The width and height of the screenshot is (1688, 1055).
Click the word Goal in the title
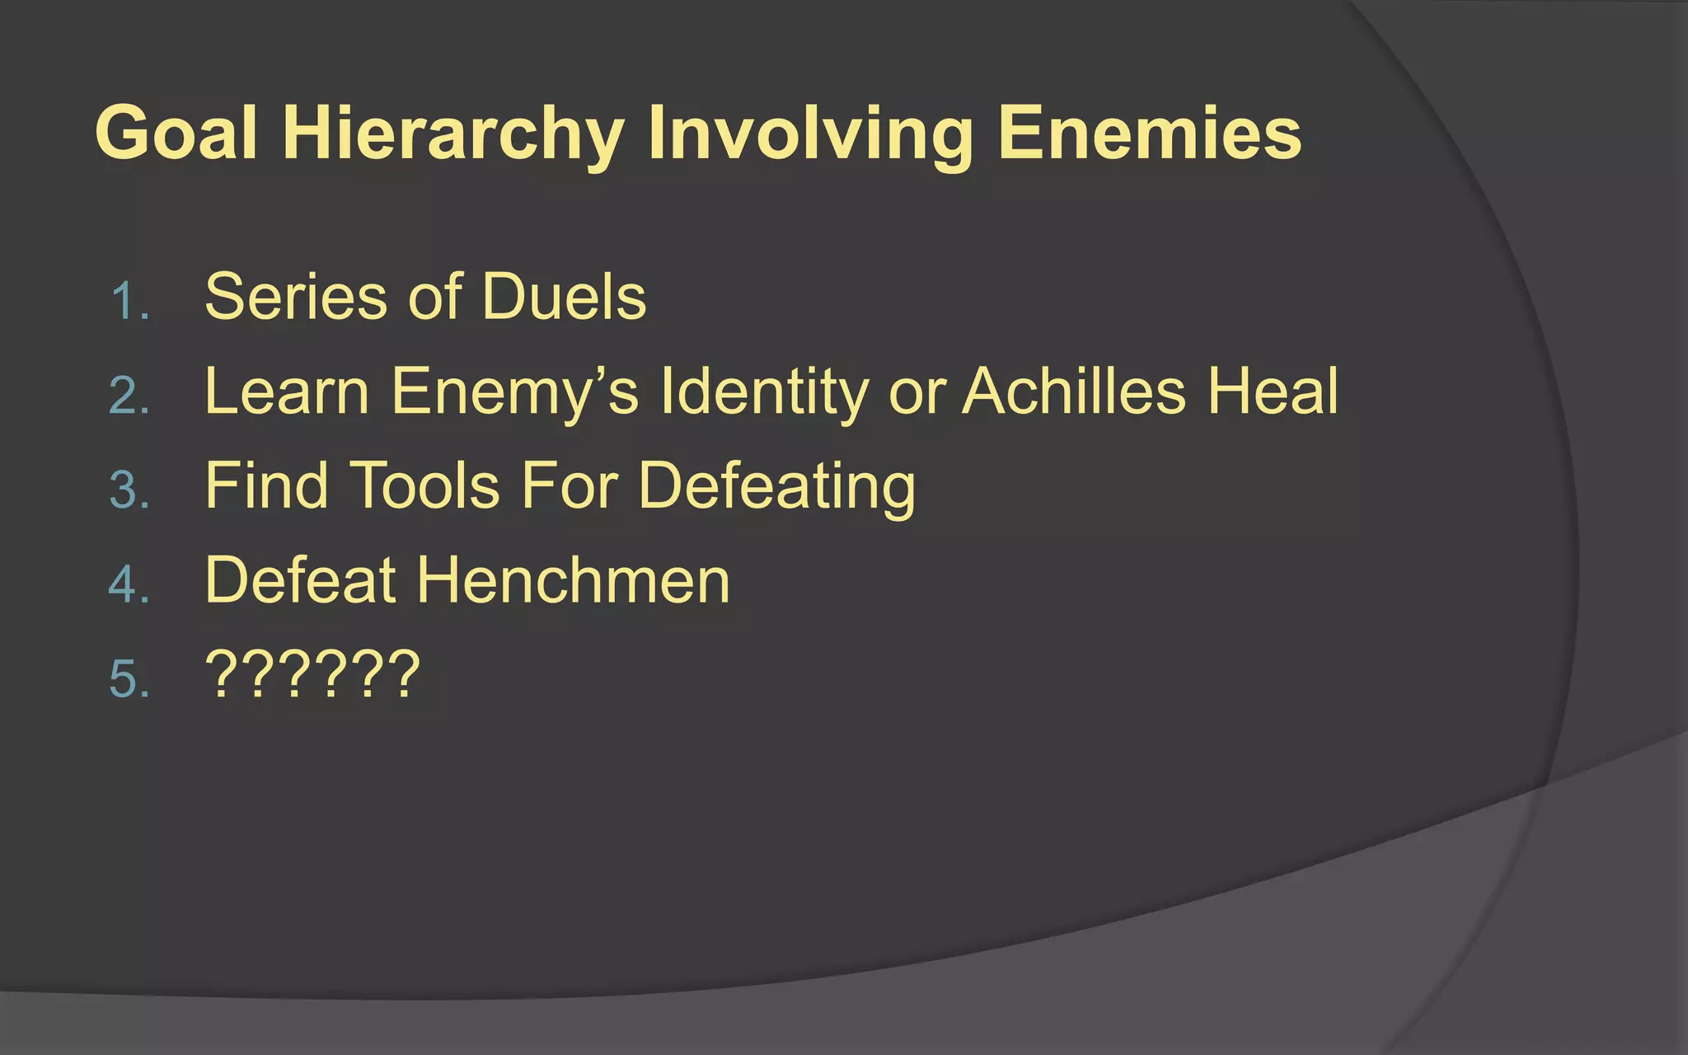pyautogui.click(x=176, y=134)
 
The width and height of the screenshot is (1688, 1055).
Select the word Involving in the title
pyautogui.click(x=811, y=134)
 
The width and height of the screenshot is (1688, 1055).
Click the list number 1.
pyautogui.click(x=129, y=301)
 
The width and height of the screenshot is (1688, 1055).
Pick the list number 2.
pyautogui.click(x=129, y=396)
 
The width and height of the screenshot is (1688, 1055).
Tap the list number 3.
pyautogui.click(x=129, y=490)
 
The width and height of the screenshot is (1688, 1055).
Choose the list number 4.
pyautogui.click(x=129, y=585)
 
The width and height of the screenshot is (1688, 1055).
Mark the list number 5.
pyautogui.click(x=129, y=680)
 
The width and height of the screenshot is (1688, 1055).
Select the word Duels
pyautogui.click(x=564, y=297)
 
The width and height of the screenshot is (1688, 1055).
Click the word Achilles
pyautogui.click(x=1074, y=392)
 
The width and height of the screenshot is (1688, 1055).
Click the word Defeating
pyautogui.click(x=776, y=486)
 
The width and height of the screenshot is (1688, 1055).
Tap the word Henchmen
pyautogui.click(x=574, y=581)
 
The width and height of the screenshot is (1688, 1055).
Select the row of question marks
pyautogui.click(x=312, y=674)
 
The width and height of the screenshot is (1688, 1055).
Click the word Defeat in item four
pyautogui.click(x=301, y=581)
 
